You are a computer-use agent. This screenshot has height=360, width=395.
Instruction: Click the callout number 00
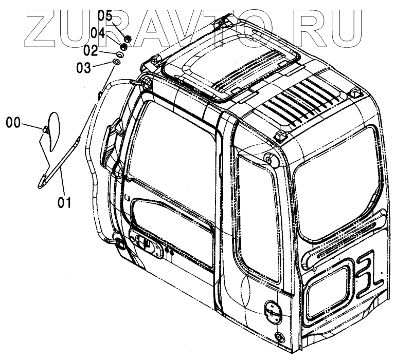tap(14, 122)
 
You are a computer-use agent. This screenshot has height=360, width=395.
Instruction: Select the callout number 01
tap(64, 202)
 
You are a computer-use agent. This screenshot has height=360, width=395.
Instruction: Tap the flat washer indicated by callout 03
tap(116, 62)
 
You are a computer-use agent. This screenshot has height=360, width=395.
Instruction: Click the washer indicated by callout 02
tap(120, 54)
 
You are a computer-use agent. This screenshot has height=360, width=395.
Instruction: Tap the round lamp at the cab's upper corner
tap(268, 159)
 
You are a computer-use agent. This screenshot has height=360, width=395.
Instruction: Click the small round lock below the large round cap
tap(280, 337)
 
